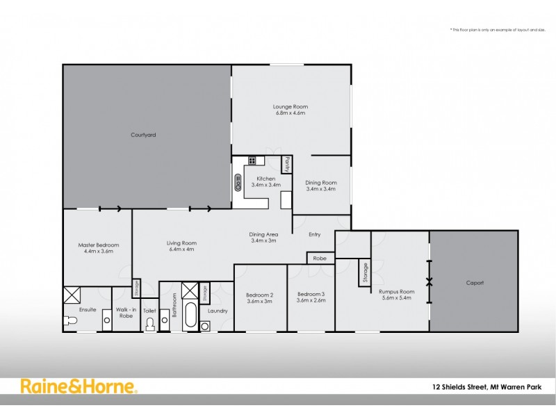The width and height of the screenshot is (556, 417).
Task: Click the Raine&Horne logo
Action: tap(78, 387)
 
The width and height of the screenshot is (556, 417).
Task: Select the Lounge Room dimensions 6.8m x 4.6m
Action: tap(290, 113)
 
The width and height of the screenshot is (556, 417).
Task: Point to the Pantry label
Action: tap(286, 164)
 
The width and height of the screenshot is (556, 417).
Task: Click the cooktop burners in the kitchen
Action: tap(252, 161)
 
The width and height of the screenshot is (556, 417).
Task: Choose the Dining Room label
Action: tap(320, 182)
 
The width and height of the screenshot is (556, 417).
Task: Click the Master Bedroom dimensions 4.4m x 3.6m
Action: tap(98, 252)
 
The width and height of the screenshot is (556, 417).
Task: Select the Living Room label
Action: tap(181, 243)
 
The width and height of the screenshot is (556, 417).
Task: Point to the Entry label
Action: tap(314, 235)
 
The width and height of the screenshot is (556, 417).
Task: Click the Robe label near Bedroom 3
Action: tap(319, 258)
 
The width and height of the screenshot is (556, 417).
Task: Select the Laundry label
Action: tap(218, 311)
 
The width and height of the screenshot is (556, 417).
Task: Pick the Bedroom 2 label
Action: tap(259, 295)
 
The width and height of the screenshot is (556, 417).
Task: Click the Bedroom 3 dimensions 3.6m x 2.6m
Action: tap(311, 301)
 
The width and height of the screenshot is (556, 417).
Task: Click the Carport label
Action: tap(474, 283)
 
